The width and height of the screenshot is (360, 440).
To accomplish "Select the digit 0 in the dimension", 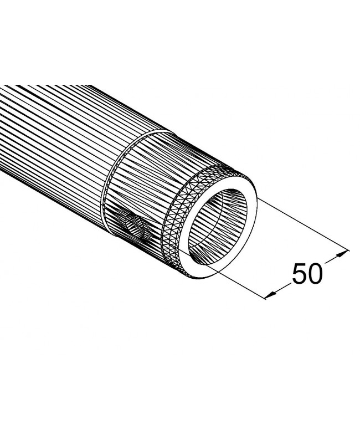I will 314,273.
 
